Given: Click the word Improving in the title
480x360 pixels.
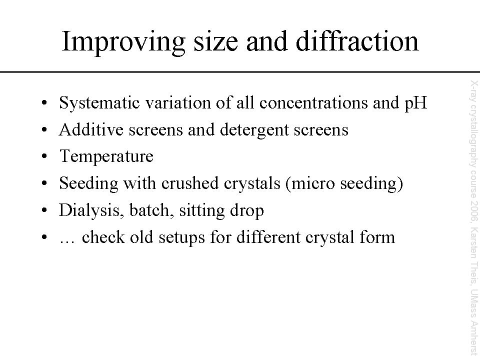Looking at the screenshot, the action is [123, 42].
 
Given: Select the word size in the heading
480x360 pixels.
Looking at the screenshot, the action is [215, 42].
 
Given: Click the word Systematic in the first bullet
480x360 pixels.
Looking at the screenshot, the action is [99, 103].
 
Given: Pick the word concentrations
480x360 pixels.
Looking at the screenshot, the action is [313, 103].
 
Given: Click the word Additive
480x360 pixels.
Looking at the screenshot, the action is [91, 129].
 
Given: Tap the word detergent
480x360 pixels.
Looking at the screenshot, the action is [254, 130].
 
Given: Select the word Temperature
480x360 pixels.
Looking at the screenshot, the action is [106, 156].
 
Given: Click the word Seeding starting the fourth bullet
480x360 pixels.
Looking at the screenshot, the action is [88, 183].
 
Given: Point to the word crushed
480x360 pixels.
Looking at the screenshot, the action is [190, 183].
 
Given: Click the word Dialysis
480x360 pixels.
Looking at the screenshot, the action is [91, 210].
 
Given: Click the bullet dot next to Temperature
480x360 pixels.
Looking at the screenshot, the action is [44, 156].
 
